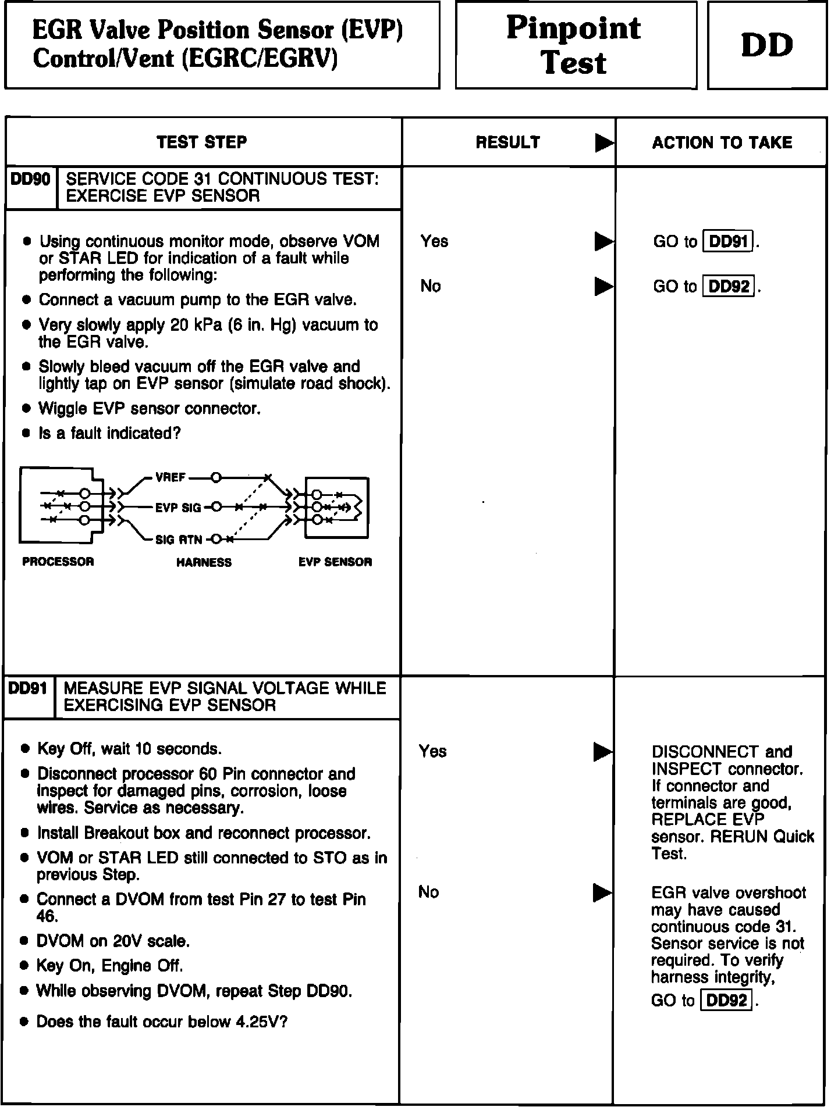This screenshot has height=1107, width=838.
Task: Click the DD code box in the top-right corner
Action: coord(766,45)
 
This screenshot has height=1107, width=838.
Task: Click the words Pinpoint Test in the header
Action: coord(574,45)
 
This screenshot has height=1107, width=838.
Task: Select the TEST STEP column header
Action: coord(202,142)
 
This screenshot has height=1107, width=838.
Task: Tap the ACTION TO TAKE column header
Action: coord(722,143)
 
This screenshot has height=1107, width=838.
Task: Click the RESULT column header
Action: coord(507,143)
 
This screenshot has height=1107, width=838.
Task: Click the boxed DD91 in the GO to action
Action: coord(729,241)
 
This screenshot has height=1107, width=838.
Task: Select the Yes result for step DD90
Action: coord(434,241)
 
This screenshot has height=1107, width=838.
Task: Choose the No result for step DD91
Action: coord(428,892)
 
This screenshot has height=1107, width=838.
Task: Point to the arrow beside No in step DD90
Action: coord(603,287)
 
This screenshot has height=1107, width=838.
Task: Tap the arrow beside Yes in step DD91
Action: coord(602,752)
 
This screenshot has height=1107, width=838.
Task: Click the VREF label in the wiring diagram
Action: coord(170,478)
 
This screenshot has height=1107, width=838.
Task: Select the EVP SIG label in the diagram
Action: coord(177,508)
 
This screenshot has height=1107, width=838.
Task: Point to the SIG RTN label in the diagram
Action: coord(179,540)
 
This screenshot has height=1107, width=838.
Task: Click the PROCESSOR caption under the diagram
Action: coord(58,562)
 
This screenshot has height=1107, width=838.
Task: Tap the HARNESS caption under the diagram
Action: coord(204,563)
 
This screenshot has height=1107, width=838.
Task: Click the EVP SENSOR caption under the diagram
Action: coord(335,562)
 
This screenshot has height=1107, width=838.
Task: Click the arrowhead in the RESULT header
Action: coord(604,143)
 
